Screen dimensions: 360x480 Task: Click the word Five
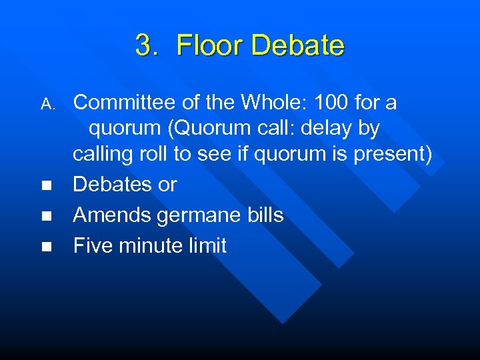pyautogui.click(x=93, y=245)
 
